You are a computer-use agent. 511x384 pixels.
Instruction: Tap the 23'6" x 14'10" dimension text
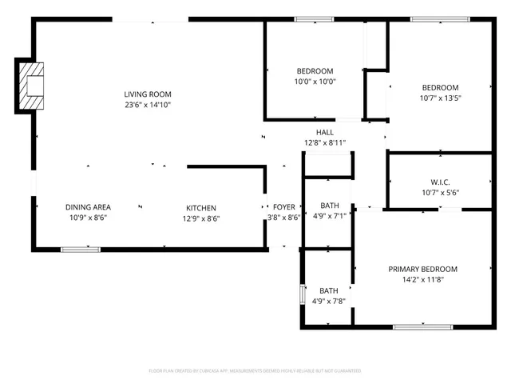pyautogui.click(x=147, y=105)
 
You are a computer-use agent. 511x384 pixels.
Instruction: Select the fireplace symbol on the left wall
pyautogui.click(x=31, y=86)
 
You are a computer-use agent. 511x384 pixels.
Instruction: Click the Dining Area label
pyautogui.click(x=88, y=207)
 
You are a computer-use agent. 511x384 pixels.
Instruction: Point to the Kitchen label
pyautogui.click(x=201, y=207)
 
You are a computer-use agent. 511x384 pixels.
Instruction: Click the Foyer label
pyautogui.click(x=283, y=206)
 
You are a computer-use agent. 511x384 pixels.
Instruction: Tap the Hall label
pyautogui.click(x=325, y=133)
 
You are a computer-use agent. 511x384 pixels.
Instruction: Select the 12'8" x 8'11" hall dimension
pyautogui.click(x=325, y=143)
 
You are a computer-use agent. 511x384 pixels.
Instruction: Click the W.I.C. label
pyautogui.click(x=439, y=181)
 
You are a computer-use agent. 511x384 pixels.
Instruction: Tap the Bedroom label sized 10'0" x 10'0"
pyautogui.click(x=315, y=71)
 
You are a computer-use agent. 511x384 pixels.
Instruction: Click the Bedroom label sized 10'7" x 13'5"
pyautogui.click(x=440, y=87)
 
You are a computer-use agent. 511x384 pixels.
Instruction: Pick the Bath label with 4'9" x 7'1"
pyautogui.click(x=329, y=205)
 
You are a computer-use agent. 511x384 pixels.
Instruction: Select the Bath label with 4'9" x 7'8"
pyautogui.click(x=329, y=290)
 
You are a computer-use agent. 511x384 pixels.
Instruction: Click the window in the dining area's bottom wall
pyautogui.click(x=81, y=250)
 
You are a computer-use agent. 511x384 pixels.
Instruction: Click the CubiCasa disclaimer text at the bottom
pyautogui.click(x=255, y=371)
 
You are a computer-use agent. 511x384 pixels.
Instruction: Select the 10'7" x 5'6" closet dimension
pyautogui.click(x=439, y=192)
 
